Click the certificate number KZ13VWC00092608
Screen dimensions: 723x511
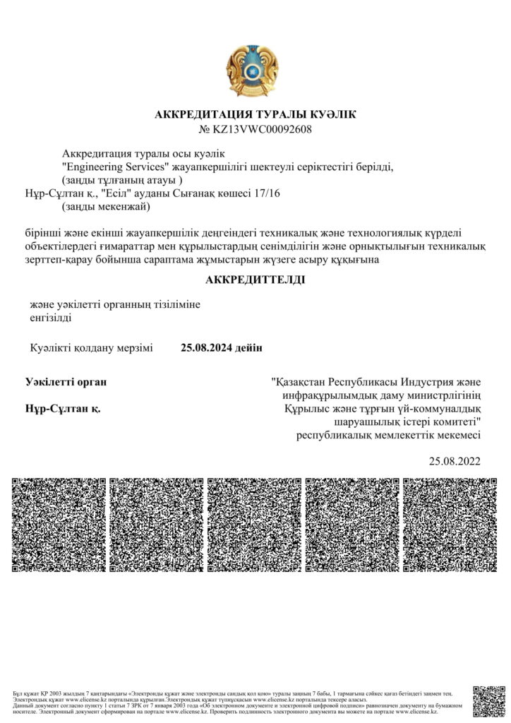pos(262,129)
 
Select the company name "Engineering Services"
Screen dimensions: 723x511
pos(114,167)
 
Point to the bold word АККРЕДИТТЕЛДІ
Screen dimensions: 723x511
pos(255,280)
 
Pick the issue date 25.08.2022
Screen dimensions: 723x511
pos(455,462)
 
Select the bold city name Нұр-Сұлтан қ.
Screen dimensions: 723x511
pos(63,409)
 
